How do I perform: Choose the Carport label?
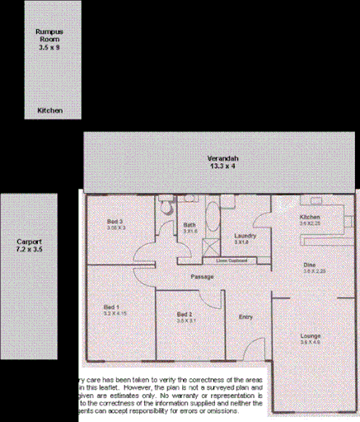[29, 241]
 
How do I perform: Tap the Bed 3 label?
[115, 222]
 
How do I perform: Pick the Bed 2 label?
[185, 314]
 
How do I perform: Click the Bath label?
[189, 224]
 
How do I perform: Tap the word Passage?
[203, 276]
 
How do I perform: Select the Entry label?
[245, 316]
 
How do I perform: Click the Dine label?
[309, 265]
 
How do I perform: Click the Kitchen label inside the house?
[310, 217]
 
